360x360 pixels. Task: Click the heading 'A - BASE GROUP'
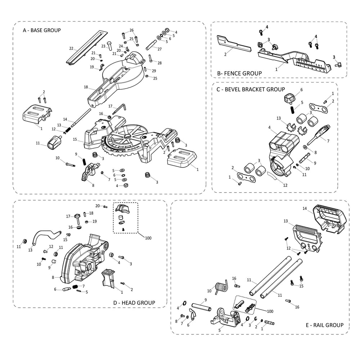click(42, 30)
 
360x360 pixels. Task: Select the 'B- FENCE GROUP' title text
click(239, 73)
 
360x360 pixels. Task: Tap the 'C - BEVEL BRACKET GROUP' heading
click(251, 89)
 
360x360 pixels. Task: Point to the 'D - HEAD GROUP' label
click(134, 303)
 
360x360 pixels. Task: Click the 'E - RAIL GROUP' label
click(324, 325)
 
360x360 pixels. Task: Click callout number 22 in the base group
click(71, 48)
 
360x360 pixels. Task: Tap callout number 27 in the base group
click(159, 49)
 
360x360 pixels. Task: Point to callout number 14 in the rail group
click(305, 208)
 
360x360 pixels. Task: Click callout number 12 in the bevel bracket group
click(285, 185)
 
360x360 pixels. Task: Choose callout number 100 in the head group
click(148, 238)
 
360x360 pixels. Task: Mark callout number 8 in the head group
click(53, 277)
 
